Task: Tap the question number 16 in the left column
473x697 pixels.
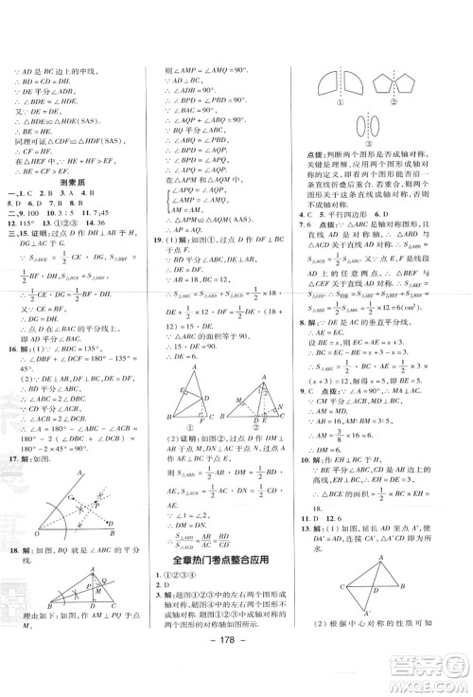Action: pos(11,374)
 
